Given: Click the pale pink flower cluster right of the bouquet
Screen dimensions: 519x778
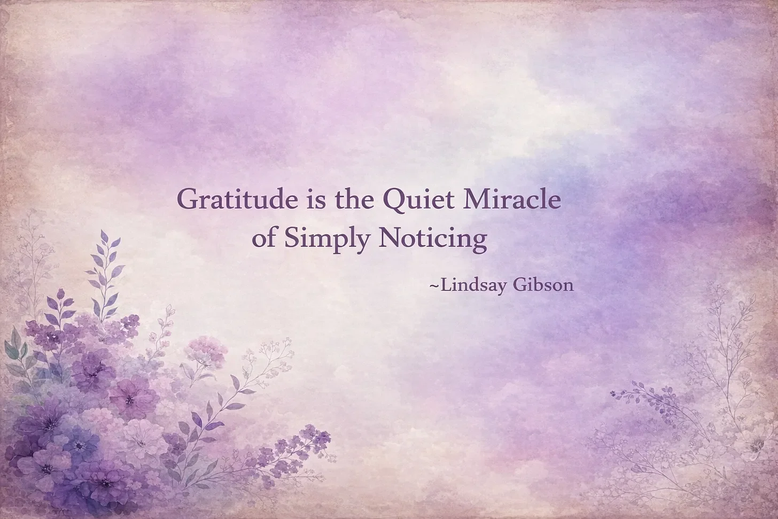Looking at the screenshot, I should coord(206,350).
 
